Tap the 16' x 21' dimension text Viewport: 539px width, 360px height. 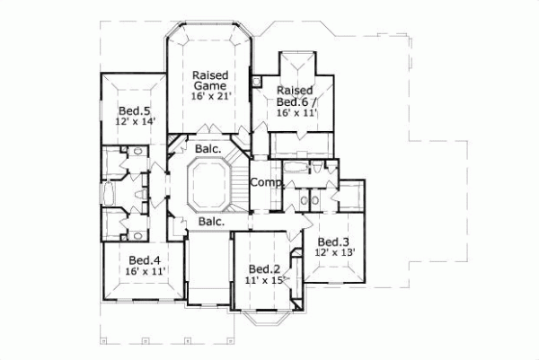coord(211,96)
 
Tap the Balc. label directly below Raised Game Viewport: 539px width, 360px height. coord(202,149)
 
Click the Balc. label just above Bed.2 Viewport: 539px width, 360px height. coord(211,221)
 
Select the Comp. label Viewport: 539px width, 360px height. coord(266,182)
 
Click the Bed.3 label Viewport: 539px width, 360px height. coord(332,241)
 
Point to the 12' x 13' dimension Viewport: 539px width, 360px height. coord(333,252)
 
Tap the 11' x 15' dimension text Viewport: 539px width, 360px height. coord(264,281)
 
